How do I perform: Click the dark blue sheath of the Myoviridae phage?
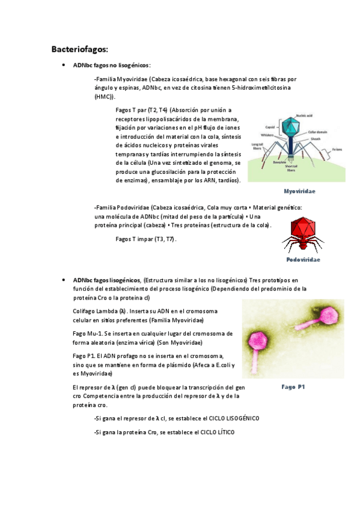click(x=291, y=147)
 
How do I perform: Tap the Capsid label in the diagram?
click(x=270, y=127)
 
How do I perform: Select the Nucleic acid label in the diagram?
click(x=304, y=115)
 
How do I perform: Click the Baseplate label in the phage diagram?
click(x=280, y=162)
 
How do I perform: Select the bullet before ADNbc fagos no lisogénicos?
click(x=63, y=65)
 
